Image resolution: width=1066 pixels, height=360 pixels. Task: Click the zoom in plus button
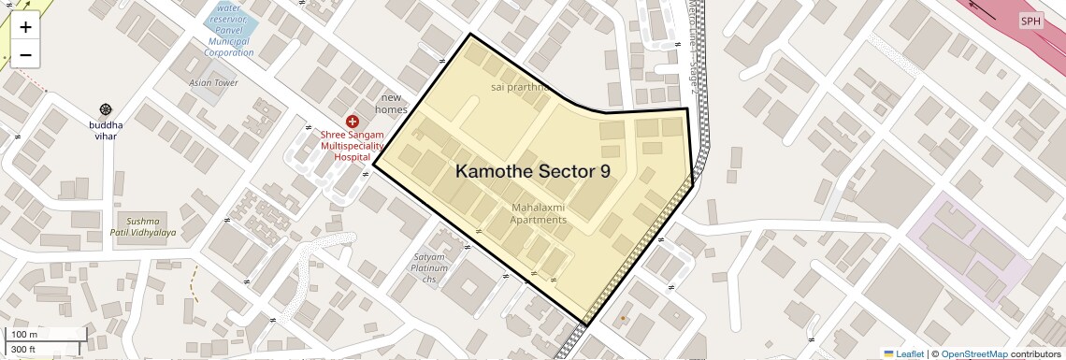(x=25, y=28)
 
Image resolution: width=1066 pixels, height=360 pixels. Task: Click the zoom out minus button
(x=25, y=55)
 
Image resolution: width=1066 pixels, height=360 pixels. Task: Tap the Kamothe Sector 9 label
(x=533, y=171)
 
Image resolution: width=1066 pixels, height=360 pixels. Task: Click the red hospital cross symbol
(x=353, y=121)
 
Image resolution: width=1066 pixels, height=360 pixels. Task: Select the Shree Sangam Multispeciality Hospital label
(x=353, y=146)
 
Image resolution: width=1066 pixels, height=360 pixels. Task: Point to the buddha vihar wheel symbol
(x=105, y=110)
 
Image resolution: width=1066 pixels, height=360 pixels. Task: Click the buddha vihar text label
(x=106, y=130)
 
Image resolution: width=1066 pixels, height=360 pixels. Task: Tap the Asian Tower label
(x=213, y=82)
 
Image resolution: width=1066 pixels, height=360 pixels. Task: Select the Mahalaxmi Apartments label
(x=538, y=213)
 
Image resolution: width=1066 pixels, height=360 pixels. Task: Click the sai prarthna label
(x=519, y=87)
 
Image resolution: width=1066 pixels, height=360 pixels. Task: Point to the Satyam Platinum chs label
(x=430, y=267)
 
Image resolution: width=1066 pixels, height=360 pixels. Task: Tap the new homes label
(x=391, y=103)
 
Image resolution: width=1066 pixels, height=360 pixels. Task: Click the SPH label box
(x=1030, y=21)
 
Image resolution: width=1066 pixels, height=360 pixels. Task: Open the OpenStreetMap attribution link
(x=973, y=353)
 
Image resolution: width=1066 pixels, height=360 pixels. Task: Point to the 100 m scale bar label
(x=25, y=335)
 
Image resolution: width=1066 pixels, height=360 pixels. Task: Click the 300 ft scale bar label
(x=24, y=350)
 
